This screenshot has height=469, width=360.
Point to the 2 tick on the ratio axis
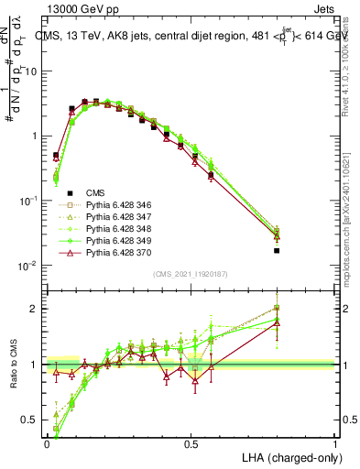click(36, 309)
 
